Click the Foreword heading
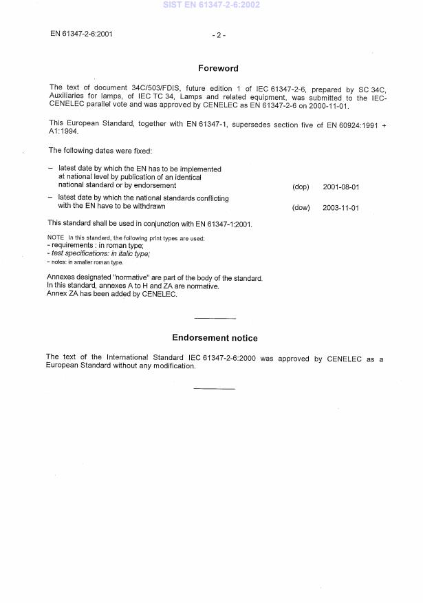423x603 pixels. coord(218,68)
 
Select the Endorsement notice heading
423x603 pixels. coord(215,338)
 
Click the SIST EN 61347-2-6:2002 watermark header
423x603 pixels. coord(212,5)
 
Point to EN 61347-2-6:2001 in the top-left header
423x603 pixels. coord(82,33)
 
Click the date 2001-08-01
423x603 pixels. coord(340,187)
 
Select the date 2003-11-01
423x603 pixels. coord(340,208)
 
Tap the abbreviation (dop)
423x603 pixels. coord(301,187)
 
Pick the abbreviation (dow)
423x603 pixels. coord(301,208)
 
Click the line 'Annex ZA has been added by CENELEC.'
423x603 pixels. coord(112,294)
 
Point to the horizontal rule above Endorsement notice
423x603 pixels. coord(215,318)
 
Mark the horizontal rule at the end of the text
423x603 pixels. coord(215,389)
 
